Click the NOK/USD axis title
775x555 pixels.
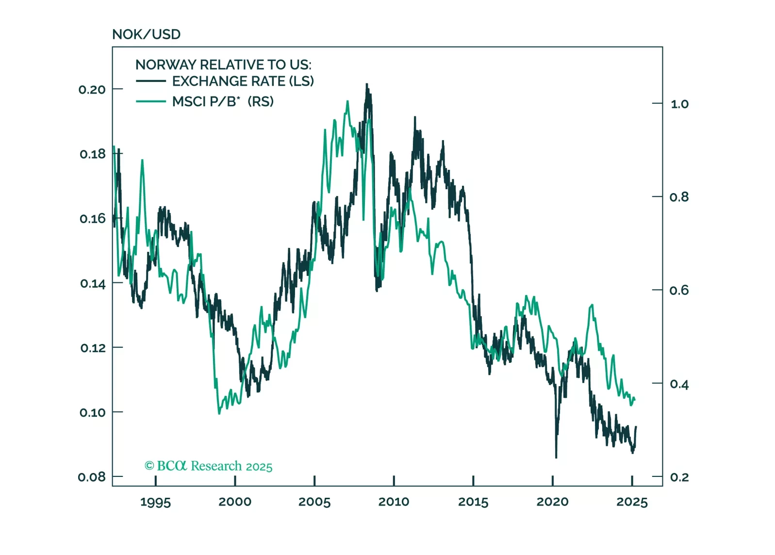click(146, 34)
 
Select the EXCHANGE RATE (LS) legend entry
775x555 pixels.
click(243, 81)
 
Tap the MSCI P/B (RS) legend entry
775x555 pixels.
click(223, 101)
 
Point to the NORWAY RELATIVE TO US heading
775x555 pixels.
click(223, 65)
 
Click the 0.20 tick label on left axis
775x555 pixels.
click(92, 89)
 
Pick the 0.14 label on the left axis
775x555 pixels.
click(92, 283)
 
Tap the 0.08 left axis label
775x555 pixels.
click(92, 477)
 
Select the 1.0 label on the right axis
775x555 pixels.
click(679, 104)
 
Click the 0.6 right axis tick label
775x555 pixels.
click(679, 290)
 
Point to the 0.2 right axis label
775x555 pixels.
click(679, 477)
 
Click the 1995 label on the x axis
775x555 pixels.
click(155, 502)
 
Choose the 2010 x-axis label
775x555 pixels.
click(394, 502)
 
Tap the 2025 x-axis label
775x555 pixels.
click(632, 502)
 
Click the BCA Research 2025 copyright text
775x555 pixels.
click(209, 466)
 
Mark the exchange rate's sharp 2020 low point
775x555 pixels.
click(556, 457)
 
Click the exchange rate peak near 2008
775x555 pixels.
click(367, 84)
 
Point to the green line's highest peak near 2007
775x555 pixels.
click(347, 101)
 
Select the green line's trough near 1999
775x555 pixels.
click(219, 413)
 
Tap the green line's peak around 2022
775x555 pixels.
click(592, 305)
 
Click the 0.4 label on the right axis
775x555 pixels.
click(679, 384)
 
